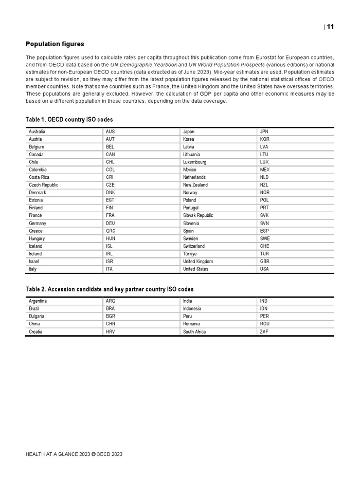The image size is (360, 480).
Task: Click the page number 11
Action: tap(331, 27)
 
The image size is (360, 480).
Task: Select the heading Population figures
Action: tap(55, 44)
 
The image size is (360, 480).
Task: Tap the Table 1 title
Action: tap(69, 120)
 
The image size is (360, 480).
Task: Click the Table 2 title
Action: tap(110, 289)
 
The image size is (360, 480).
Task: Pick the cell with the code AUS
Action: tap(111, 132)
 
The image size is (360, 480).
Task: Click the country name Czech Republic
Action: tap(44, 185)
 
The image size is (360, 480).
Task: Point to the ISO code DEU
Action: tap(111, 224)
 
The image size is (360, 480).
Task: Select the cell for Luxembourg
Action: tap(194, 162)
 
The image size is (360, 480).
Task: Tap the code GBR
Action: tap(265, 262)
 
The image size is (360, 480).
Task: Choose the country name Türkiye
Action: tap(190, 254)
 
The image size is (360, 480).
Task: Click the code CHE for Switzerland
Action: tap(265, 246)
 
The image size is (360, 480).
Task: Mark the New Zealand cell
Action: tap(195, 185)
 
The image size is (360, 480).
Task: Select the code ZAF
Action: tap(264, 332)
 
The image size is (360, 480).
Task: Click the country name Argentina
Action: tap(38, 301)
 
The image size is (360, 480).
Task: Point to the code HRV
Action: tap(111, 332)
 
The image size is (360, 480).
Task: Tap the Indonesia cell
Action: tap(192, 309)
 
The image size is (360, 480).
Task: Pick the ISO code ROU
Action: tap(265, 324)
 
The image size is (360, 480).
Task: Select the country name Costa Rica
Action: tap(39, 177)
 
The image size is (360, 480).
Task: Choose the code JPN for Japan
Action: tap(264, 132)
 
